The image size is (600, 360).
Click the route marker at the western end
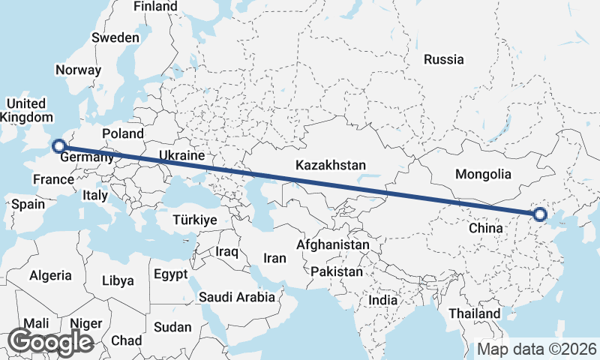(x=58, y=146)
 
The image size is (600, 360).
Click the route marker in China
(x=539, y=215)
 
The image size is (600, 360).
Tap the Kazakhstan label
(x=331, y=165)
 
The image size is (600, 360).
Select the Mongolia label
(x=484, y=174)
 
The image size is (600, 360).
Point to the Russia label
(x=443, y=59)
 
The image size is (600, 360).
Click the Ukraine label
(x=181, y=155)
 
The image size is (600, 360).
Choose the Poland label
(x=123, y=133)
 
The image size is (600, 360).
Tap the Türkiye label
(x=194, y=220)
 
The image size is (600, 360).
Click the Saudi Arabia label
(x=236, y=297)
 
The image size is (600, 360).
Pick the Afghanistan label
(x=333, y=244)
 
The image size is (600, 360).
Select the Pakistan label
(x=337, y=271)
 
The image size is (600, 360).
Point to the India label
(x=383, y=300)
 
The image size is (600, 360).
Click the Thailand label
(x=474, y=313)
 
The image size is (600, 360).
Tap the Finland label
(x=155, y=7)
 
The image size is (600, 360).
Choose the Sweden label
(x=115, y=37)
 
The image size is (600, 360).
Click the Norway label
(x=78, y=70)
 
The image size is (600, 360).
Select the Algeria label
(x=51, y=276)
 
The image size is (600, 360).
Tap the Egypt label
(x=170, y=274)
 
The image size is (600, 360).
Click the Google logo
(x=50, y=342)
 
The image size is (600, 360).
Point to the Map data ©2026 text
(x=537, y=349)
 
